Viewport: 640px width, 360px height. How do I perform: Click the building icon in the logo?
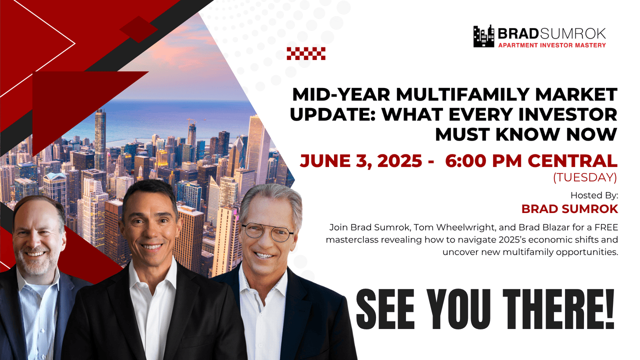point(483,36)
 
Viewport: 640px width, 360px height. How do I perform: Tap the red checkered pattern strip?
point(306,53)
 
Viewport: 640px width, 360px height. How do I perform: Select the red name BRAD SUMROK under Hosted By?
point(569,208)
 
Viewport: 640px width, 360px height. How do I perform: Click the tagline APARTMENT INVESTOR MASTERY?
point(551,45)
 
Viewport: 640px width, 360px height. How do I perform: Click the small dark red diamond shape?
point(138,29)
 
